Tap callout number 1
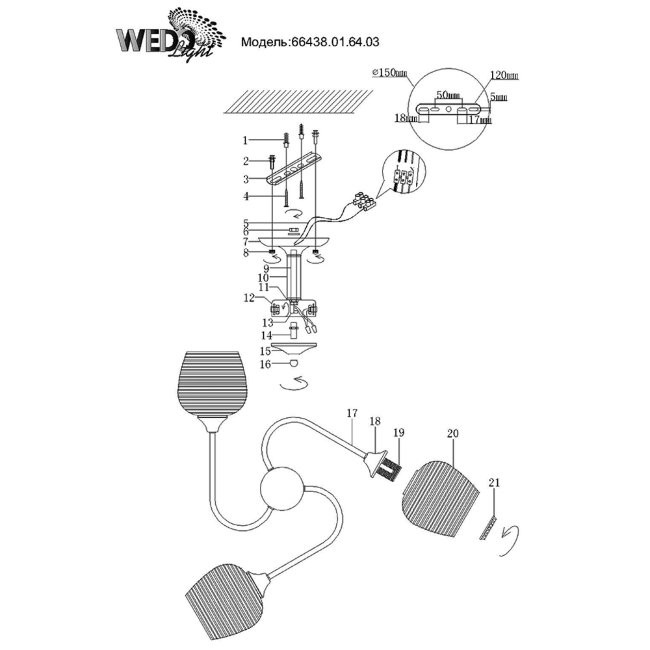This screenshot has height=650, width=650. tap(244, 140)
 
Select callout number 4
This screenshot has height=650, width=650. tap(244, 196)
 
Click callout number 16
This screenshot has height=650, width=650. tap(265, 365)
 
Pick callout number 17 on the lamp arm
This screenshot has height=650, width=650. tap(351, 412)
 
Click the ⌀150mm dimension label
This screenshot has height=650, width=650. tap(385, 73)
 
